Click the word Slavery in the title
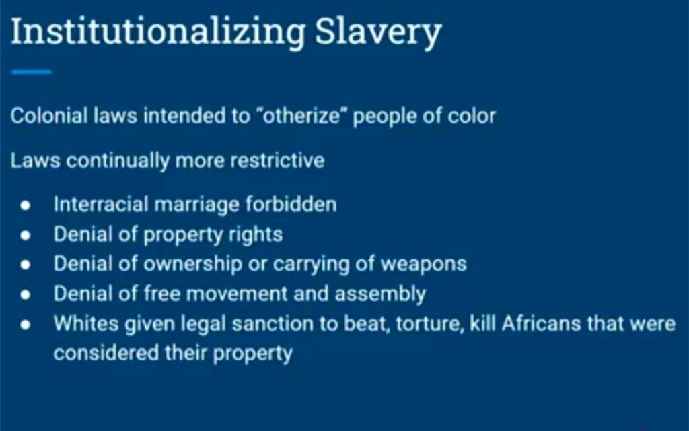(378, 32)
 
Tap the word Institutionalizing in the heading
(157, 32)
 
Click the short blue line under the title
(32, 71)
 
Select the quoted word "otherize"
(302, 116)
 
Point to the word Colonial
(49, 116)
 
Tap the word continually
(118, 161)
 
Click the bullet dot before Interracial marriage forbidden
(26, 205)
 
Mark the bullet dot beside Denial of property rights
(26, 235)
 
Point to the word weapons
(424, 264)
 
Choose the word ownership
(193, 264)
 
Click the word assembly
(381, 294)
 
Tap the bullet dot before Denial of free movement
(26, 294)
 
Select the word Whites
(86, 323)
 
